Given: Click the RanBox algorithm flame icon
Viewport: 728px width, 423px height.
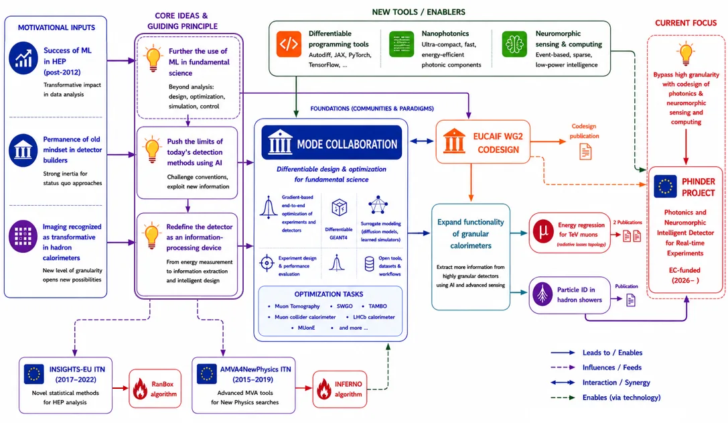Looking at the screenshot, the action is click(140, 389).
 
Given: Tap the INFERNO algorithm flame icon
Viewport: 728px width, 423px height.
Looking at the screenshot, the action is click(324, 389).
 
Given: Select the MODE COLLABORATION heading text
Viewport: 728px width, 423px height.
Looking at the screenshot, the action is click(347, 144).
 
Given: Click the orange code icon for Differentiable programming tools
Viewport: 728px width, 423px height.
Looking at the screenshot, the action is click(289, 44).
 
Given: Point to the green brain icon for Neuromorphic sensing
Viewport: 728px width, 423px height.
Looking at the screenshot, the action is click(514, 44).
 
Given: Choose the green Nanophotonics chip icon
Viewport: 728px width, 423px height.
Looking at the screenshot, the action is click(401, 44).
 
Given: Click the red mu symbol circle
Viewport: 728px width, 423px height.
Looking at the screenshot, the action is click(543, 231).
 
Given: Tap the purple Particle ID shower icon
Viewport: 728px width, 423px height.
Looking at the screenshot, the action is click(542, 294).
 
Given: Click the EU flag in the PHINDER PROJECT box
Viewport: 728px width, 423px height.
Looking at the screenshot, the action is click(665, 186).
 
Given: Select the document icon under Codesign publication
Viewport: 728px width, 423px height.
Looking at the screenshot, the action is click(585, 152).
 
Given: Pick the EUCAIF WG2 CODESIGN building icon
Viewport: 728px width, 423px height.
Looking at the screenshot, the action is click(453, 141).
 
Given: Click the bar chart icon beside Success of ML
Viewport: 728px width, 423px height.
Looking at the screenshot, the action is click(23, 58).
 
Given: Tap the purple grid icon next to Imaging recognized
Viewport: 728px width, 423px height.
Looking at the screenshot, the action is click(23, 237).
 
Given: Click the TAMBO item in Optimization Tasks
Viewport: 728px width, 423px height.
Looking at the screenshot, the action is click(378, 306).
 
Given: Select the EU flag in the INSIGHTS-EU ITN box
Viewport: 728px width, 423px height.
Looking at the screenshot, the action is click(33, 373).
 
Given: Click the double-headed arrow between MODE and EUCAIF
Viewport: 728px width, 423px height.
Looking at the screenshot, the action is click(421, 141).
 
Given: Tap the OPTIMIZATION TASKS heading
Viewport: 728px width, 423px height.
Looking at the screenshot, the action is click(329, 294).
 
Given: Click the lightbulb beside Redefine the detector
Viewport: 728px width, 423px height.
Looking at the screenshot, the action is click(151, 236).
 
